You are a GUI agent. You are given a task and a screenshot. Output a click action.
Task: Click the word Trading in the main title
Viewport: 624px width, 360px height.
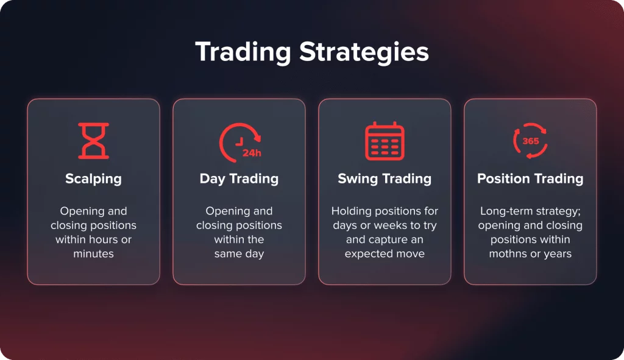[243, 52]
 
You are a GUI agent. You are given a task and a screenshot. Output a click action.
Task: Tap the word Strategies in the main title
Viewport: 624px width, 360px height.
[364, 52]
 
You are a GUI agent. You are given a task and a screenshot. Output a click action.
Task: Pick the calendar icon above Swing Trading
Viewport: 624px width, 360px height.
[385, 141]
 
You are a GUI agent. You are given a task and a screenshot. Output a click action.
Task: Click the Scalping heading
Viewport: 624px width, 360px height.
[93, 179]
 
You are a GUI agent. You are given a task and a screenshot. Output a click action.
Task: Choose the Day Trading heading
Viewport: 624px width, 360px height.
[239, 179]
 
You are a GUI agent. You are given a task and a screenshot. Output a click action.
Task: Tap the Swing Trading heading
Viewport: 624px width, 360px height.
[385, 179]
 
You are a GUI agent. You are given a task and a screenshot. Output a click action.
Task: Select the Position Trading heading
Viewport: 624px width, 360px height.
[531, 178]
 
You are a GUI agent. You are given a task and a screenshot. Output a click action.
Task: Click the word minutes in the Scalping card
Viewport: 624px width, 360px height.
[93, 254]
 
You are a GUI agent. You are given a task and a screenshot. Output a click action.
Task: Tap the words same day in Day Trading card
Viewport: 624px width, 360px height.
[239, 254]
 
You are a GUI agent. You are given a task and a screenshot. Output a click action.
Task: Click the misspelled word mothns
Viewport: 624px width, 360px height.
[508, 254]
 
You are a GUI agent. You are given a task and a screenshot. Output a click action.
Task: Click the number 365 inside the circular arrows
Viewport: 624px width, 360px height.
[531, 141]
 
